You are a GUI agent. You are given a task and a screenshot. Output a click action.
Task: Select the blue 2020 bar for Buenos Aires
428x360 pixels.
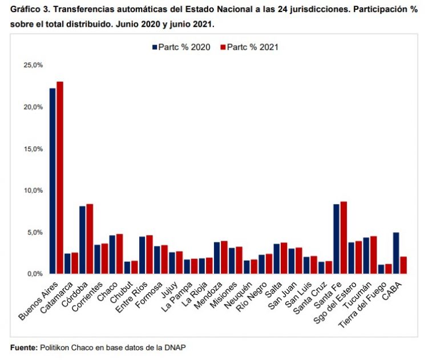[53, 181]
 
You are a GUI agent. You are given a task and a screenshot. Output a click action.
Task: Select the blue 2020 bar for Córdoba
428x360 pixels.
[83, 240]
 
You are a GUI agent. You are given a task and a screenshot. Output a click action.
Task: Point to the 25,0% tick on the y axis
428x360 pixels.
[33, 65]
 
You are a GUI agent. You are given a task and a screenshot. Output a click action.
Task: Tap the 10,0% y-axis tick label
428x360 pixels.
[33, 191]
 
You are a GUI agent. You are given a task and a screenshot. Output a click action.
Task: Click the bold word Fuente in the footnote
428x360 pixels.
[23, 347]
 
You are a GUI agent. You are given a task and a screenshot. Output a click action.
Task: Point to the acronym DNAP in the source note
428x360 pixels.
[174, 347]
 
